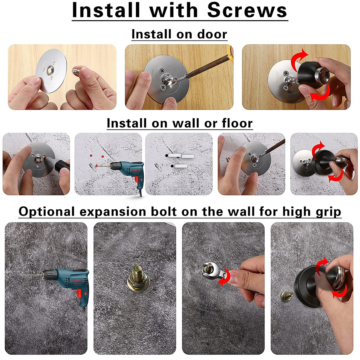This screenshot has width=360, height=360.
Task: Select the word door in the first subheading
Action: [x=212, y=34]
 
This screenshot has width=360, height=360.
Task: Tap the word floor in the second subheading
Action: [x=237, y=123]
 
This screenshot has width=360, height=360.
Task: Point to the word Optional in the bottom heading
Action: [x=46, y=212]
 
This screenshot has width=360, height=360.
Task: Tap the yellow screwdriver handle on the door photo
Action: [x=229, y=52]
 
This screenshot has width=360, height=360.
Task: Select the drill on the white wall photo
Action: [x=126, y=169]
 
